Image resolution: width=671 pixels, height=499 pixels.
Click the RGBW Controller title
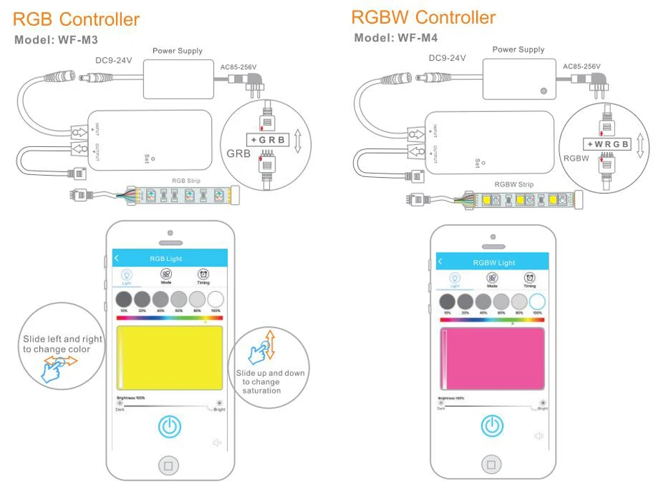423,17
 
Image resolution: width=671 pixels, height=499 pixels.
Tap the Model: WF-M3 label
56,40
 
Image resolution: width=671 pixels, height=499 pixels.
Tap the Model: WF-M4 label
396,38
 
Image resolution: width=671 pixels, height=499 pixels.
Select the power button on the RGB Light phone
168,426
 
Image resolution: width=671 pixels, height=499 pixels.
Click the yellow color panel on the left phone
169,357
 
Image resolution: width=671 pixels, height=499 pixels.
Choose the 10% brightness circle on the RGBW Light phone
447,302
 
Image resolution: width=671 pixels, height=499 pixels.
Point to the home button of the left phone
167,464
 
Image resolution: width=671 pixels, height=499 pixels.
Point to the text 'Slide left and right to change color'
62,344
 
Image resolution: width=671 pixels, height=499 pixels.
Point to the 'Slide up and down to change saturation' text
270,381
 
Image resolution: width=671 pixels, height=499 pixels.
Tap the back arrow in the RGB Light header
117,258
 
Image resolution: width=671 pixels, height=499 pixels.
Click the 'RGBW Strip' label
514,185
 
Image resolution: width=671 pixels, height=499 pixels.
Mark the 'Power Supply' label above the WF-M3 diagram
178,50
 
